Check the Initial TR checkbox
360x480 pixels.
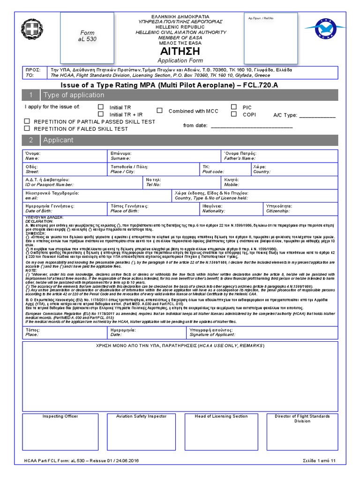click(x=101, y=107)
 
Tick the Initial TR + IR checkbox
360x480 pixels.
click(x=101, y=114)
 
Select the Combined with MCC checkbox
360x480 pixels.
click(x=160, y=111)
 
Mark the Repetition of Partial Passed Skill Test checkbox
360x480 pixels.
click(x=27, y=121)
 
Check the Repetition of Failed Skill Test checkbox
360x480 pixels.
click(x=27, y=128)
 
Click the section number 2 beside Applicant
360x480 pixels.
click(x=31, y=140)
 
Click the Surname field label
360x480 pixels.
click(x=121, y=158)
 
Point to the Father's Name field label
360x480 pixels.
click(x=240, y=158)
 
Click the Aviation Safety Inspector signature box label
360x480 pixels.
click(x=141, y=416)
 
